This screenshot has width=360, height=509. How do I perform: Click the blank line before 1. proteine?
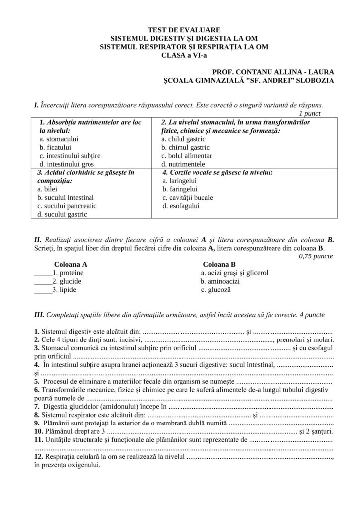pyautogui.click(x=43, y=274)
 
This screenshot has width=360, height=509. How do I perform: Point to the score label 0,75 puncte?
pyautogui.click(x=316, y=256)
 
